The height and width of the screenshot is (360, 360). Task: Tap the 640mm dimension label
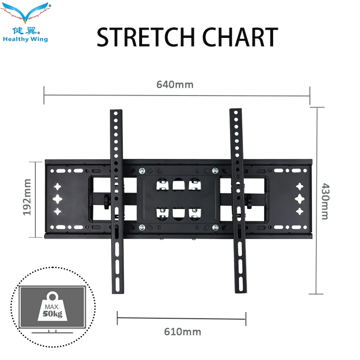(175, 84)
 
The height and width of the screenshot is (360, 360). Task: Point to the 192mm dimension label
(27, 197)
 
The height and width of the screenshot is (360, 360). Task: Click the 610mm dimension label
(182, 332)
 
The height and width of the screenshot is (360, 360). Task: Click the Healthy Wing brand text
(25, 39)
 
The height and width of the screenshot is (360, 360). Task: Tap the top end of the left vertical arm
(114, 113)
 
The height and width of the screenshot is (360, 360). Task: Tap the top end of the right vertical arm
(235, 113)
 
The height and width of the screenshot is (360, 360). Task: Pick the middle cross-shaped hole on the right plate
(300, 198)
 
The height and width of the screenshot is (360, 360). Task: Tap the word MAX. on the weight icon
(52, 306)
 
